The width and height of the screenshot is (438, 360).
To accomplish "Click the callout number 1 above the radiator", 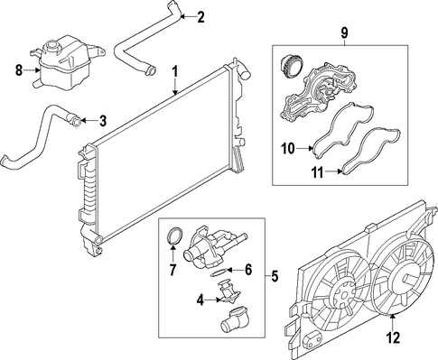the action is click(175, 72).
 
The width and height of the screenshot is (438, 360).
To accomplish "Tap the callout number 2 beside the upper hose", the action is click(200, 17).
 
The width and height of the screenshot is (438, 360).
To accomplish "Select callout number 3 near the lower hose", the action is click(103, 121).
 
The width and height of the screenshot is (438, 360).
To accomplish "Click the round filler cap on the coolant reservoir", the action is click(50, 46).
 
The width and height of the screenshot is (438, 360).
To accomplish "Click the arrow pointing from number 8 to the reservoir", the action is click(32, 70).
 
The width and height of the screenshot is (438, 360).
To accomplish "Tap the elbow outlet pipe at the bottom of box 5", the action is click(233, 320).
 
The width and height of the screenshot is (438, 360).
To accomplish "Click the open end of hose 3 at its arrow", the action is click(77, 122).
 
